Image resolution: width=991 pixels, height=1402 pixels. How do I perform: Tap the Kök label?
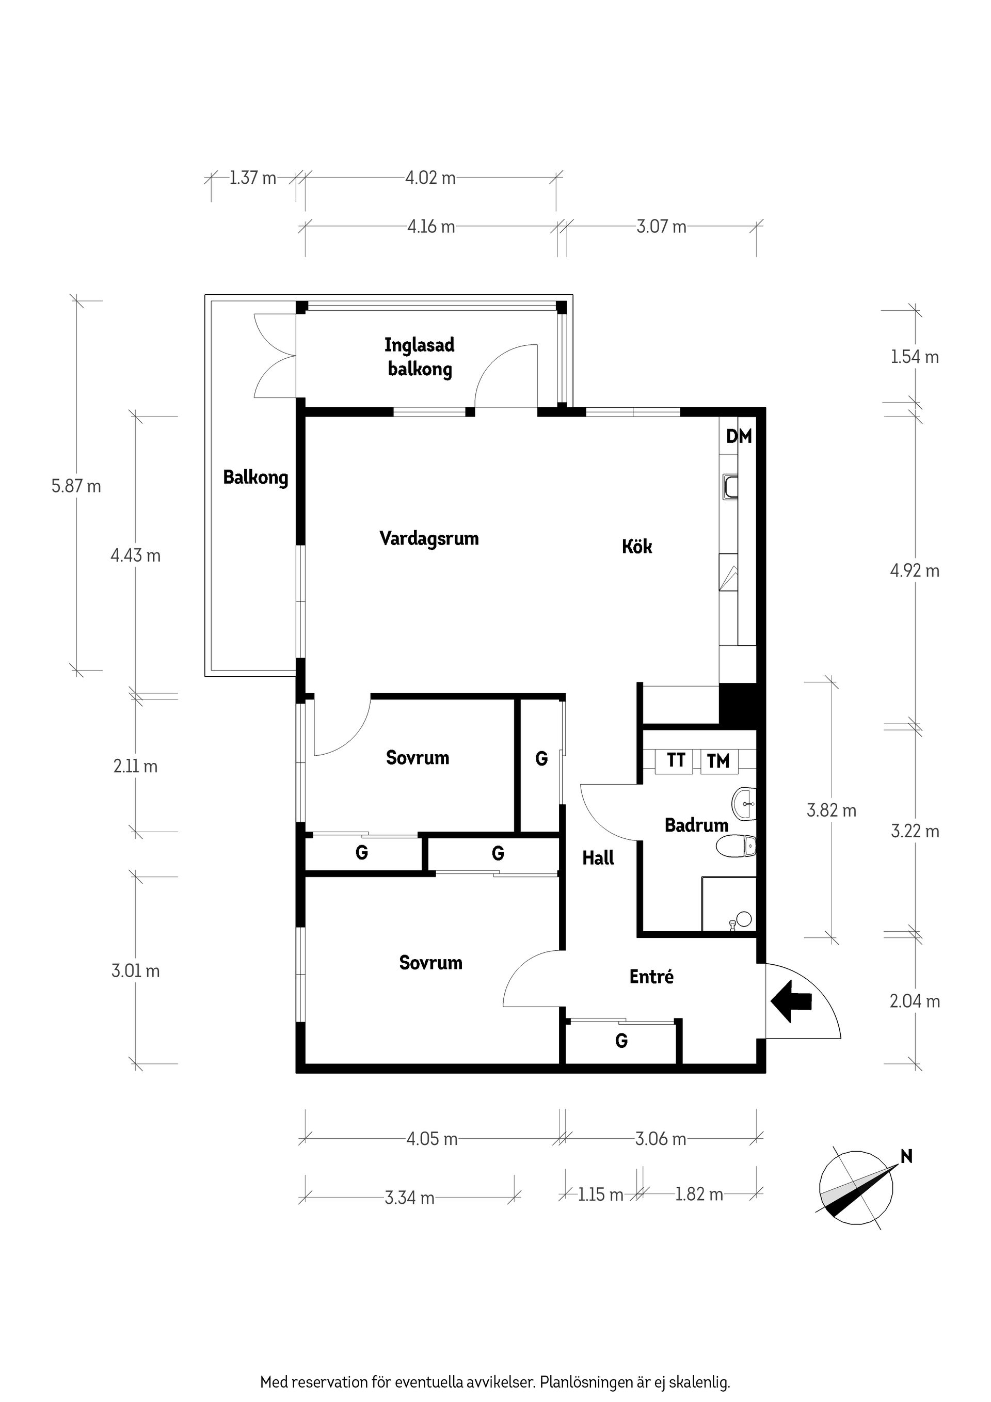(x=637, y=547)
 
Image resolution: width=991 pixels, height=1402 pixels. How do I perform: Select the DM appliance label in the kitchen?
(x=739, y=437)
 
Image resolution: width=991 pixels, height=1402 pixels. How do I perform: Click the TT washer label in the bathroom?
(x=676, y=760)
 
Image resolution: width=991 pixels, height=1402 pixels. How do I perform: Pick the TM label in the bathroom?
(x=718, y=761)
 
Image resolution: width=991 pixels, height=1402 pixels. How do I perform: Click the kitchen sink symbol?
(x=730, y=487)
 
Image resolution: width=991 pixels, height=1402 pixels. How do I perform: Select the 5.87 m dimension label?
(x=76, y=487)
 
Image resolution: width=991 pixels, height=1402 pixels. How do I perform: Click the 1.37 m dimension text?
(x=253, y=178)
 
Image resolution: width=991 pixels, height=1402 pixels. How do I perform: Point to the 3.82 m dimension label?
(x=831, y=811)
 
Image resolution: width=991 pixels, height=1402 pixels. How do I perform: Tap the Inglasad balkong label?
(x=420, y=357)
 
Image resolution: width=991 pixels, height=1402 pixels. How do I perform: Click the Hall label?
(x=598, y=858)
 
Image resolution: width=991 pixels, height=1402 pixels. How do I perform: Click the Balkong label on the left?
(x=255, y=477)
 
